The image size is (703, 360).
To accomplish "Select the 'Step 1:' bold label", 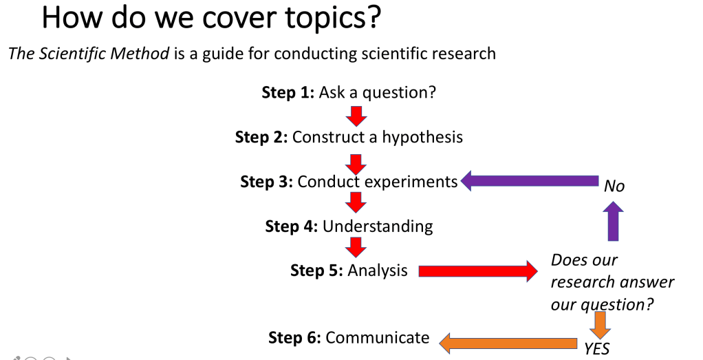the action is pos(288,92).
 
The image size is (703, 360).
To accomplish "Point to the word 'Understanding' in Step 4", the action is pos(378,226).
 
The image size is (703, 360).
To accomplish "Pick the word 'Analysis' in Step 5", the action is pos(378,271).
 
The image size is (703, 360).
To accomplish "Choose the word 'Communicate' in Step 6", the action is pos(378,337).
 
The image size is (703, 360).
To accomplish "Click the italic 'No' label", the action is pos(614,186).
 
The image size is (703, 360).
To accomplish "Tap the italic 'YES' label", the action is pos(597,349).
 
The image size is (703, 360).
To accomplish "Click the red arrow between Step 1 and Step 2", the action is pos(356,116).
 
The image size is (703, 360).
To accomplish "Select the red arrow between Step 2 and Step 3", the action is pos(356,165).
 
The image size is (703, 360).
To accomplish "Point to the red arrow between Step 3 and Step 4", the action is pos(356,202).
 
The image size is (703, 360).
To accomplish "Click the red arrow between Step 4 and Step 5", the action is pos(356,247).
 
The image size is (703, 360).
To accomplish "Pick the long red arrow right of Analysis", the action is pos(478,271).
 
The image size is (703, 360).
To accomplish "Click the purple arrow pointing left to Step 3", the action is pos(530,181).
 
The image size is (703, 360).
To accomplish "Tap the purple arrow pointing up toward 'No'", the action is pos(614,221).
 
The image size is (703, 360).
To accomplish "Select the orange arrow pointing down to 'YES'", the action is pos(600,325).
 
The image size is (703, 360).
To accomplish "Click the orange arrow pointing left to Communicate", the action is pos(508,344).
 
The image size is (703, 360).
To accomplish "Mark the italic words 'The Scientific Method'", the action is pos(89,54).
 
